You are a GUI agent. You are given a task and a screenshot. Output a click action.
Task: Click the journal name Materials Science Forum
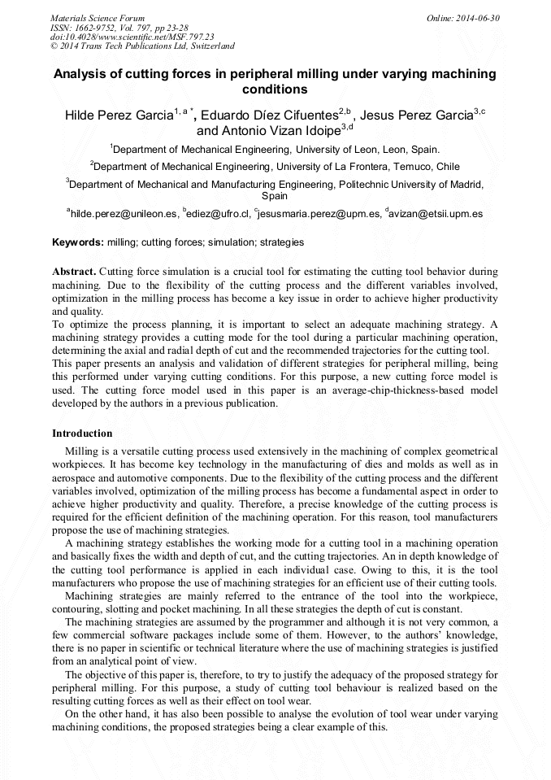[x=98, y=17]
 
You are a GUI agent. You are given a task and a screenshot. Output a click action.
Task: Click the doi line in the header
[x=132, y=37]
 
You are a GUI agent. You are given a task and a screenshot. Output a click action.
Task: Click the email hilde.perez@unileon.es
[x=124, y=214]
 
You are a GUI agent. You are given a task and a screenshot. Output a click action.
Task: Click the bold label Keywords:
[x=78, y=242]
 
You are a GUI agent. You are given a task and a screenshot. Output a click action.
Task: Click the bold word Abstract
[x=74, y=271]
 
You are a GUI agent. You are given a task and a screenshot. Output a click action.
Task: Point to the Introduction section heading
[x=82, y=434]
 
